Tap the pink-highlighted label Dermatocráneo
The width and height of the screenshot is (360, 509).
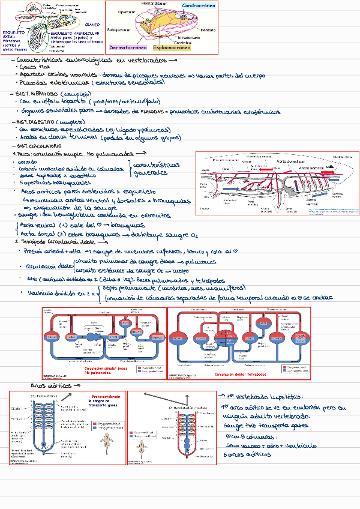[x=128, y=47]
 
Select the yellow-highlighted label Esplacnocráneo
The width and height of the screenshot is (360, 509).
[x=172, y=47]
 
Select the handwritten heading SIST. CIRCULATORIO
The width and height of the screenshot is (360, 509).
[x=39, y=146]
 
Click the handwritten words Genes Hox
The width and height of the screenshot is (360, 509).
[x=35, y=68]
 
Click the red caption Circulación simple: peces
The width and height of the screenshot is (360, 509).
[x=106, y=368]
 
